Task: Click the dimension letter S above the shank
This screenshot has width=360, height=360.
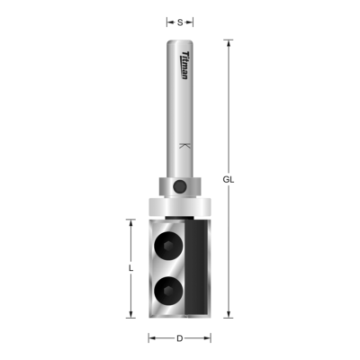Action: click(180, 20)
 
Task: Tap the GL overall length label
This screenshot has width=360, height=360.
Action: click(229, 179)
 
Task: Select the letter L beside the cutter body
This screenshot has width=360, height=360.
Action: click(130, 267)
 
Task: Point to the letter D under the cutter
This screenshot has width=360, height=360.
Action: click(180, 338)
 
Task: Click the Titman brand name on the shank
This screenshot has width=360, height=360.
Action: click(183, 66)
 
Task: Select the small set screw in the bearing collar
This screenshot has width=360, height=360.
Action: click(184, 184)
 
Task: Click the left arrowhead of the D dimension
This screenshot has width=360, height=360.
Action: click(151, 338)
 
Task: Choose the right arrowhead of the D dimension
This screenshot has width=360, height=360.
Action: click(209, 338)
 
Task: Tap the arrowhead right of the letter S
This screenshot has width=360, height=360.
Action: click(192, 20)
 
